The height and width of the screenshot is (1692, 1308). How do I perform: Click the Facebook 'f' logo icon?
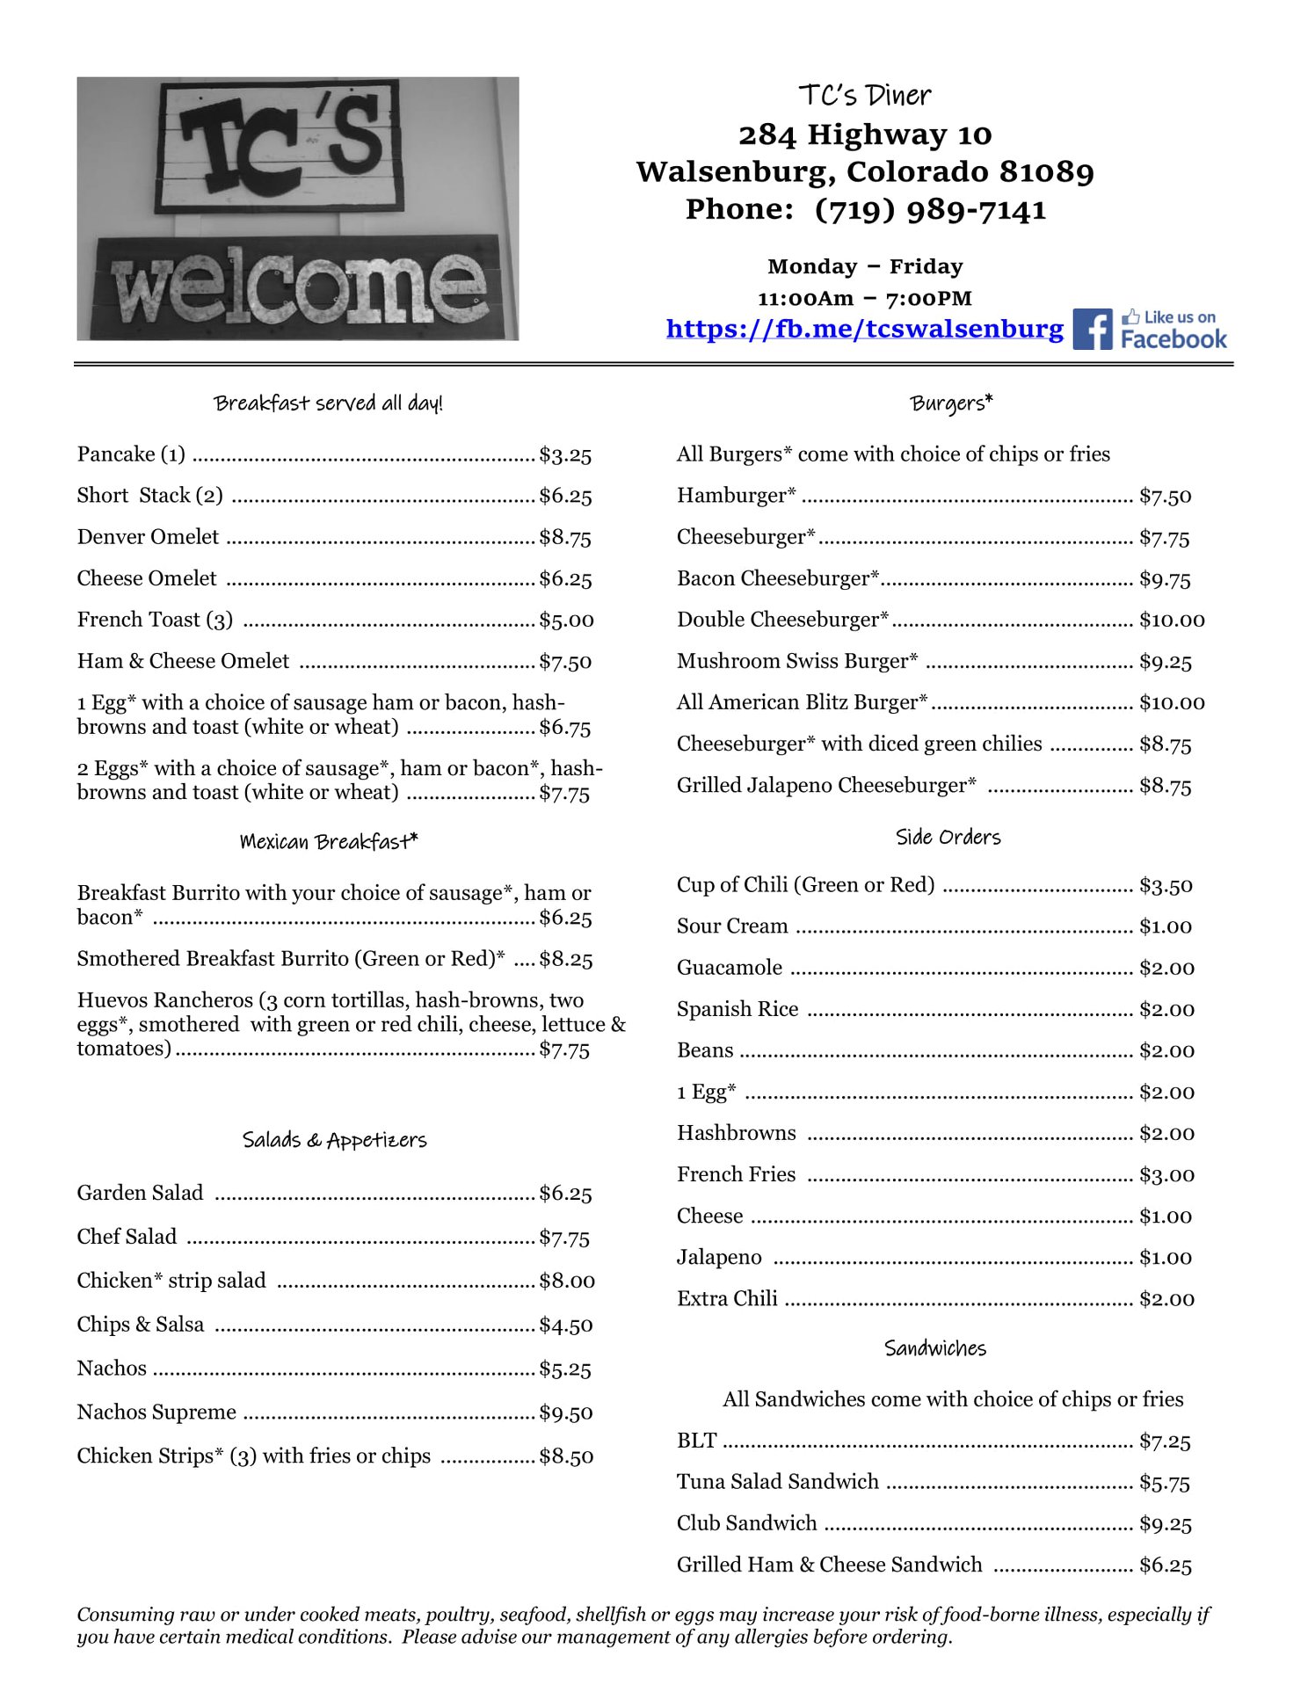coord(1093,330)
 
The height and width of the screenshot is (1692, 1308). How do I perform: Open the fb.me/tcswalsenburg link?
coord(864,329)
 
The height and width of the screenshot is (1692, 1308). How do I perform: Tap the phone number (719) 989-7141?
coord(930,210)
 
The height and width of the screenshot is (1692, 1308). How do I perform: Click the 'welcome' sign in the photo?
coord(298,286)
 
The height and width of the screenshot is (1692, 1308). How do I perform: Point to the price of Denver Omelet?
coord(565,538)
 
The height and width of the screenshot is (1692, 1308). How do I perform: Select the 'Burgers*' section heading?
coord(951,403)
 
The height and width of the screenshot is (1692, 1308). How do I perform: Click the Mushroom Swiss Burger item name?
coord(796,661)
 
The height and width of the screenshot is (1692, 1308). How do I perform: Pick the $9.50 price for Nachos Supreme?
coord(566,1412)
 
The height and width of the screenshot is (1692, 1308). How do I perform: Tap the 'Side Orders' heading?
coord(948,838)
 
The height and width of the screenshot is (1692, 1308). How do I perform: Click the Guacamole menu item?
coord(729,968)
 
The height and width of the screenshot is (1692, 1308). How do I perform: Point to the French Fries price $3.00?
coord(1166,1175)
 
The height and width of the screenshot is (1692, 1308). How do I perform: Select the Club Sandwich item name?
coord(746,1523)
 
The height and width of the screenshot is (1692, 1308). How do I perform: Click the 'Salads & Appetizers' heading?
coord(334,1140)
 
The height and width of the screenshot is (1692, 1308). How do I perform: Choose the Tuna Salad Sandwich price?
coord(1164,1483)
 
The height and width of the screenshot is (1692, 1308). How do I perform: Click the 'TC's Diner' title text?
coord(864,96)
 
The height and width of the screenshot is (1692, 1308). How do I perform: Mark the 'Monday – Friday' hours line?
coord(864,266)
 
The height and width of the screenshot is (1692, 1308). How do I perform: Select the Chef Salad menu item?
coord(127,1237)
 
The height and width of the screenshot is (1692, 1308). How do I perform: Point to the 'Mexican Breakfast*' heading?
coord(329,842)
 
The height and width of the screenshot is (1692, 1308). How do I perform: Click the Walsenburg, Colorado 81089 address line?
coord(865,172)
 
